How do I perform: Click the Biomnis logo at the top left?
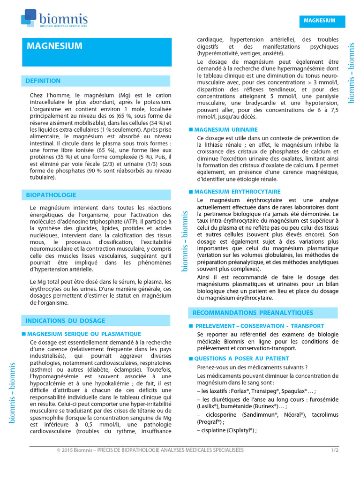click(54, 20)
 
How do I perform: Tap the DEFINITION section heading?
click(43, 81)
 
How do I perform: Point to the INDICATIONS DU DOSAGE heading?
click(65, 321)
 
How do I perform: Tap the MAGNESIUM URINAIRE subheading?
click(226, 129)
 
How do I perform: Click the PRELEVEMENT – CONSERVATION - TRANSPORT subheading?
click(259, 326)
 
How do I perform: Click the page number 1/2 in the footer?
click(335, 450)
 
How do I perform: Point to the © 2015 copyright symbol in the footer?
click(59, 450)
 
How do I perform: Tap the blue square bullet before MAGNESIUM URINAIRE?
click(191, 129)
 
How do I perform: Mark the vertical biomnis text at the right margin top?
click(352, 73)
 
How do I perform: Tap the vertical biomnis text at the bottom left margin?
click(13, 392)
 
